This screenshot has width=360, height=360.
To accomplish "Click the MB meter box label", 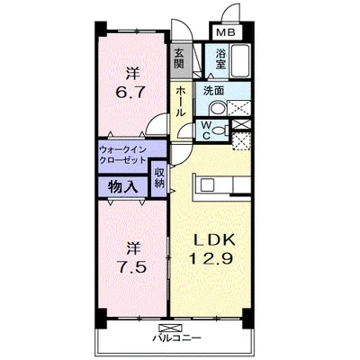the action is pos(226,32).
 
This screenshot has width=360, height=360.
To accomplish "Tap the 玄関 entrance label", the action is pos(179,58).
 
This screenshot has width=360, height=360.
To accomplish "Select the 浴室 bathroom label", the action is pos(220,58).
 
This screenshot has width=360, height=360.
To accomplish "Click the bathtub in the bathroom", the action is pos(240,61).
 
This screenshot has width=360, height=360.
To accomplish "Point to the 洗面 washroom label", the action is pos(213,91).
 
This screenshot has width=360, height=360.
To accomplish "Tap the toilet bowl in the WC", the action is pos(219,130).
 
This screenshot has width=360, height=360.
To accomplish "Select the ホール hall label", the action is pos(180,102).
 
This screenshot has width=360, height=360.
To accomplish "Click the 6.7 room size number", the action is pos(130,90).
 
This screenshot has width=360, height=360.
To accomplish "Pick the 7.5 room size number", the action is pos(131,266).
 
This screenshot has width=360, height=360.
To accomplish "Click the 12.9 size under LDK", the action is pos(211,258).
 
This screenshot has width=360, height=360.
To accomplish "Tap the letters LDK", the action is pos(213,240).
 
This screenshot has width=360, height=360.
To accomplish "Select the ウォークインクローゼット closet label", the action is pos(122,155).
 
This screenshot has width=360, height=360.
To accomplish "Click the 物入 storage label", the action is pos(123,187).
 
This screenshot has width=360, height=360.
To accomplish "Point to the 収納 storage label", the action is pos(159,178).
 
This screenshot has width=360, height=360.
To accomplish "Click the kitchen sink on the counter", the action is pos(207,184).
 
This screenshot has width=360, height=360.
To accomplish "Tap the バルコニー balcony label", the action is pos(176,338).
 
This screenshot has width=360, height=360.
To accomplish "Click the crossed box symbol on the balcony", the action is pos(171,328).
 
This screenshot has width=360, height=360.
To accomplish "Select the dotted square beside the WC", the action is pos(241,141).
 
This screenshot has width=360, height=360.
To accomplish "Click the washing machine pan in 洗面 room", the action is pos(238,108).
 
